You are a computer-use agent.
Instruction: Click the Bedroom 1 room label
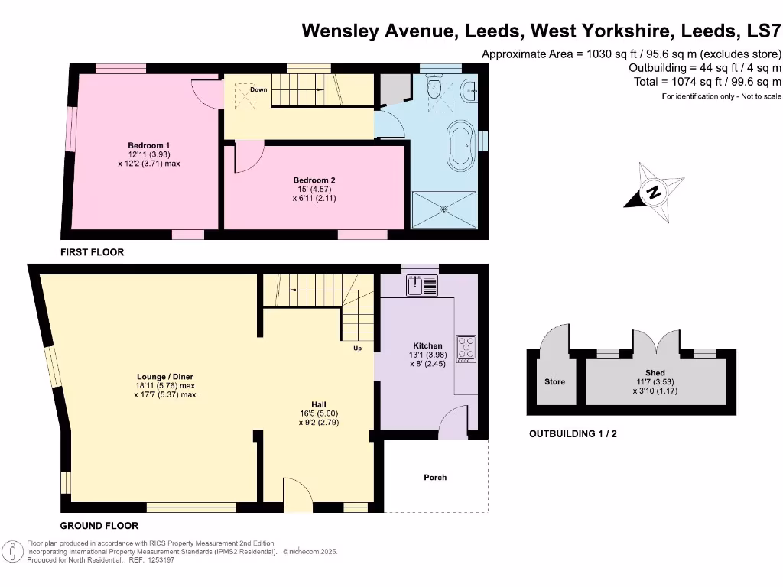coord(148,145)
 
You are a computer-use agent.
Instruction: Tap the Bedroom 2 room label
coord(314,181)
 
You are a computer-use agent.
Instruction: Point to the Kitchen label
coord(427,345)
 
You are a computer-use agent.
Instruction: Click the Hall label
coord(320,404)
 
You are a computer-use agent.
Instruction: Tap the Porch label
coord(435,478)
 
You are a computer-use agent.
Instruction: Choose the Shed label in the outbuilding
coord(655,373)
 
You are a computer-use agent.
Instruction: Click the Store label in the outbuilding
coord(554,381)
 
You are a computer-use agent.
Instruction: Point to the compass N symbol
coord(654,192)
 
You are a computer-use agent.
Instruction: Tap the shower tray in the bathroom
coord(444,208)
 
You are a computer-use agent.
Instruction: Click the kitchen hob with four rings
coord(466,348)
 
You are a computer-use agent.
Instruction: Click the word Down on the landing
coord(258,90)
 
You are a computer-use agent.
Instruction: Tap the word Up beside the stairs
coord(357,349)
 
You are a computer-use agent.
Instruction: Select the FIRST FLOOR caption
coord(93,252)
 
